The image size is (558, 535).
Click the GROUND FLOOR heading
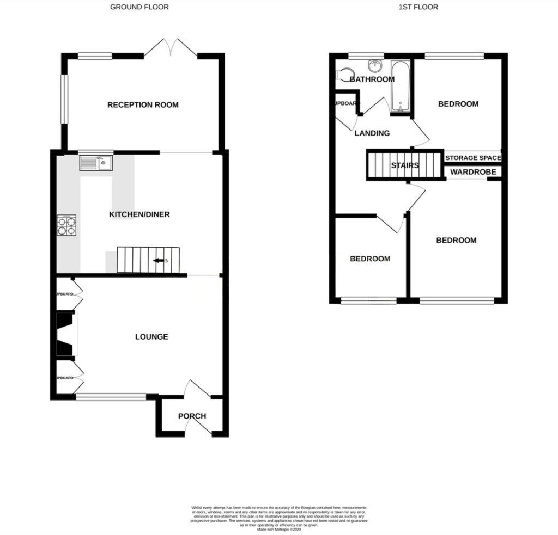[139, 7]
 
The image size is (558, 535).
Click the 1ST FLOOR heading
[418, 7]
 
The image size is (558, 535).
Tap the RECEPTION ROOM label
[143, 104]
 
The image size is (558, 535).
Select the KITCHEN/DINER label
[139, 214]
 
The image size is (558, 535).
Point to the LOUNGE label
[151, 337]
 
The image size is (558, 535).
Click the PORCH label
[192, 416]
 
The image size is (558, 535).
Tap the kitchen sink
[95, 162]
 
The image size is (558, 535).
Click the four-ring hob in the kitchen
[66, 225]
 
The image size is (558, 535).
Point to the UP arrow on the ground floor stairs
[159, 261]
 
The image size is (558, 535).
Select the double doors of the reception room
[171, 47]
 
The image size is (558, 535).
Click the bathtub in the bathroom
[401, 87]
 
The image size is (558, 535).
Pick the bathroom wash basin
[375, 66]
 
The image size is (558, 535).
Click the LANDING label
[372, 133]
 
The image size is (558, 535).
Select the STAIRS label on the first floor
[404, 165]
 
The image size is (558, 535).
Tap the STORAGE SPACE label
[472, 158]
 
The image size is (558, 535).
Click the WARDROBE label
[472, 172]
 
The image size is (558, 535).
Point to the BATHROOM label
[372, 79]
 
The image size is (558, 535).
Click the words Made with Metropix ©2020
[278, 530]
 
